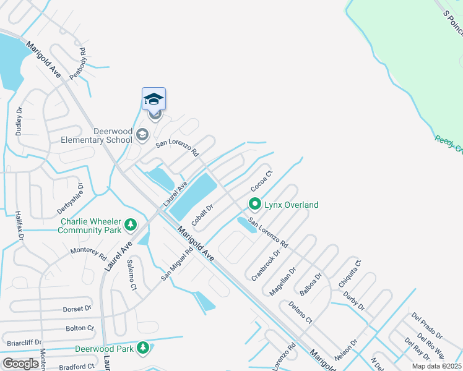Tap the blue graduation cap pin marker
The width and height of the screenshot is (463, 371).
pos(154,99)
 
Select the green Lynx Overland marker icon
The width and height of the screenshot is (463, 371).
pos(254,203)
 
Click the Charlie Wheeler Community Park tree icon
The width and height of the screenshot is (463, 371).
pos(130,224)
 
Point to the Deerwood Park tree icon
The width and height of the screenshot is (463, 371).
pos(143,349)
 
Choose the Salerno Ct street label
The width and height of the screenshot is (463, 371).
pos(131,275)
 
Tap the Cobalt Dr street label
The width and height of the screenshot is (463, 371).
pos(202,216)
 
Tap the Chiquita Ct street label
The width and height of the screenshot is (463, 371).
pos(348,273)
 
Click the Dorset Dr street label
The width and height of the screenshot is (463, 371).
pos(77,308)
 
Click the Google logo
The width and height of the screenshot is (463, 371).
pos(20,364)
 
